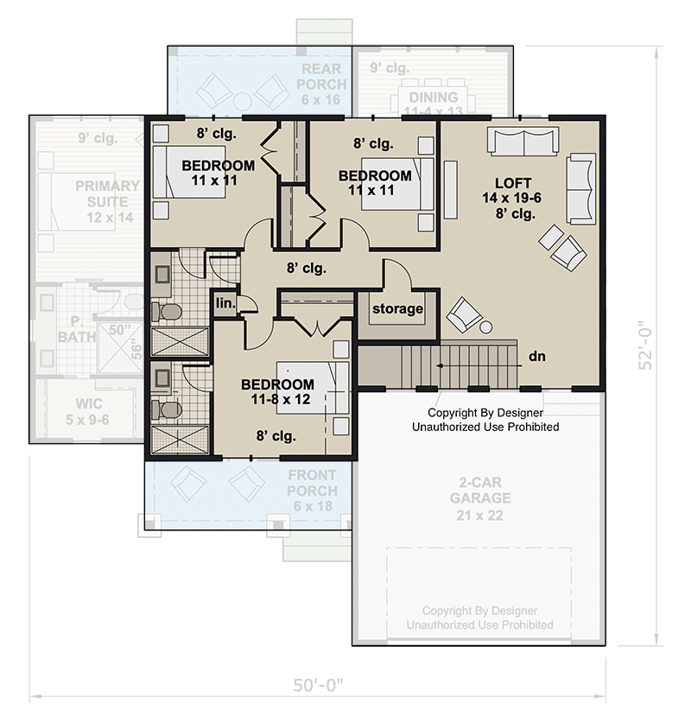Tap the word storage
pos(398,308)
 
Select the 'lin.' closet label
pos(225,302)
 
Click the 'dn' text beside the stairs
pos(536,355)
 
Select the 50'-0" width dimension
pos(317,687)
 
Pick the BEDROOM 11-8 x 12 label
pos(277,391)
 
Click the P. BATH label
pos(77,329)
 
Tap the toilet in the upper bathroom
pos(169,311)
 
